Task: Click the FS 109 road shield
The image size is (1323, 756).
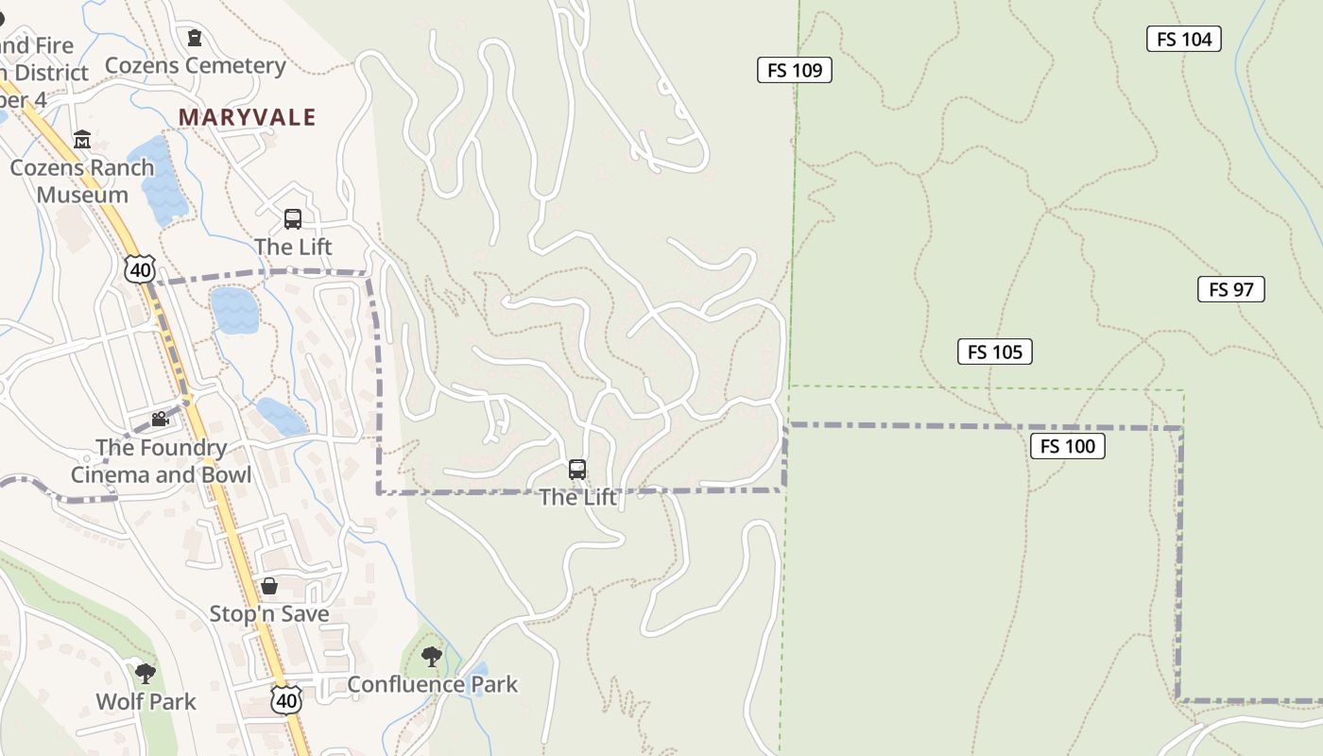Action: [x=794, y=70]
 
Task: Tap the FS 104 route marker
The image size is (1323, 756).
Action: [x=1184, y=39]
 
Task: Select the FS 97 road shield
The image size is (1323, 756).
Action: [x=1230, y=289]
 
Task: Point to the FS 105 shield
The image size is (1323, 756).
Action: [x=995, y=352]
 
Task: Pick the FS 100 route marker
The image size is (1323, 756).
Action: [x=1067, y=446]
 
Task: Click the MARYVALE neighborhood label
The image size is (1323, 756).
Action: [x=248, y=117]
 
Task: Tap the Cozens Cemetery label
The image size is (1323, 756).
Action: [x=196, y=65]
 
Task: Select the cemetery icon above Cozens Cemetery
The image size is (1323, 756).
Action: [x=195, y=38]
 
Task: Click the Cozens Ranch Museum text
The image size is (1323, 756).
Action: [x=82, y=180]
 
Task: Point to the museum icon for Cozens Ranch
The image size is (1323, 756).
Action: [x=82, y=140]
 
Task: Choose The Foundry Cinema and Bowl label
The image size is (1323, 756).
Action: [x=162, y=461]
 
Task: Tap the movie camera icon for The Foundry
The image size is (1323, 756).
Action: [x=161, y=419]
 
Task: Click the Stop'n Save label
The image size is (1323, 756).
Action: [x=269, y=614]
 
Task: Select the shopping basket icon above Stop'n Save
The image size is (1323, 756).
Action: [x=269, y=586]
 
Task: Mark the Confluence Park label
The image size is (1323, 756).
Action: [x=433, y=684]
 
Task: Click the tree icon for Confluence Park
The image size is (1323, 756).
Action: [x=432, y=656]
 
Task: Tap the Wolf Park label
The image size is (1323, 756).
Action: [x=146, y=701]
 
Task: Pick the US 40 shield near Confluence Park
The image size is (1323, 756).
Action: [x=286, y=699]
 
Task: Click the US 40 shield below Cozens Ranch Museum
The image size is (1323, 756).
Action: [x=139, y=269]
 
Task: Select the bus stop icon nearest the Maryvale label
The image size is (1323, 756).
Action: [x=293, y=219]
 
